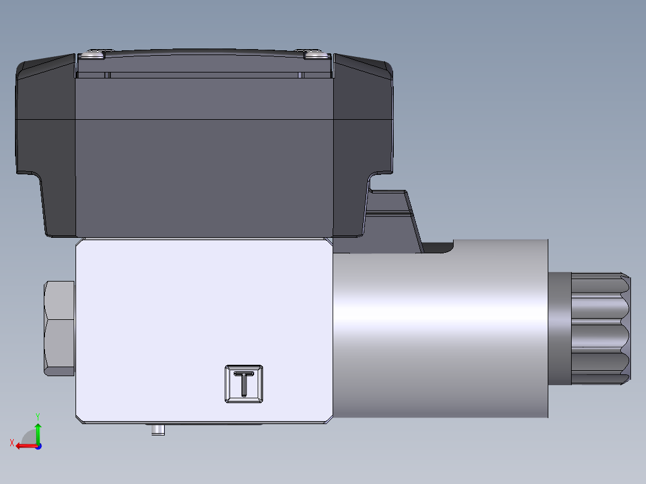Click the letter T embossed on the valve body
pyautogui.click(x=244, y=384)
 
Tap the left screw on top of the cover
pyautogui.click(x=93, y=55)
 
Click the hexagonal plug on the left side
pyautogui.click(x=60, y=328)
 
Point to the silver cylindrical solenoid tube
pyautogui.click(x=440, y=328)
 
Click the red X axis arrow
pyautogui.click(x=24, y=446)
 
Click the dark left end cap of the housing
pyautogui.click(x=46, y=144)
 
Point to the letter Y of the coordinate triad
pyautogui.click(x=38, y=415)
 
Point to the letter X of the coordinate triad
pyautogui.click(x=11, y=443)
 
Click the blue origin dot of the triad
pyautogui.click(x=38, y=446)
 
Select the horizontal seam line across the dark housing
pyautogui.click(x=204, y=120)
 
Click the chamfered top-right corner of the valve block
pyautogui.click(x=328, y=242)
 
